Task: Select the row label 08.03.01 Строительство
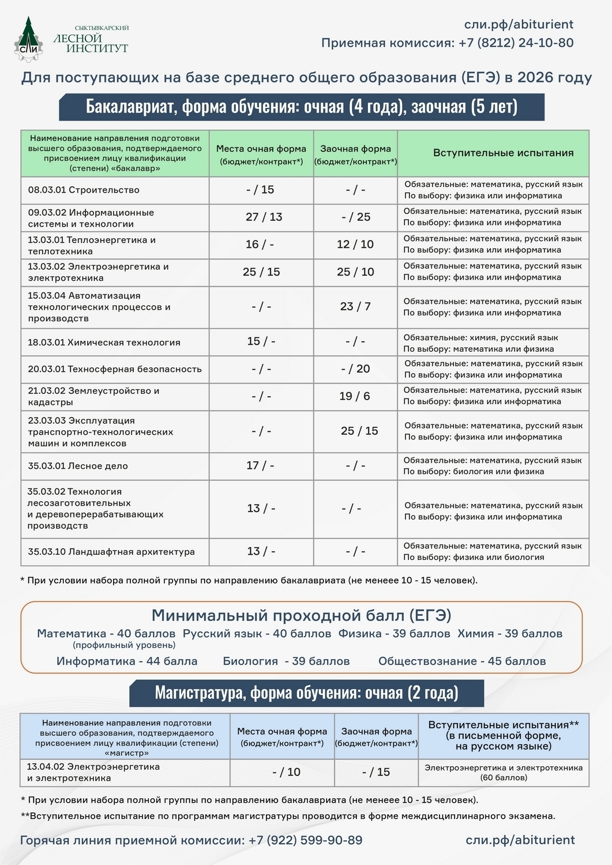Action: (84, 190)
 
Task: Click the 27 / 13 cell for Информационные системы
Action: (264, 217)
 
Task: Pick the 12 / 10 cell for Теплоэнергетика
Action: (355, 244)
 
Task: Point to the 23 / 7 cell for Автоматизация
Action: (355, 306)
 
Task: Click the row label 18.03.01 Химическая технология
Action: (104, 342)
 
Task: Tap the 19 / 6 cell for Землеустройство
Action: (355, 396)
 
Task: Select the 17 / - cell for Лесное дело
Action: (260, 465)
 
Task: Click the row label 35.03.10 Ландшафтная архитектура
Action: (111, 551)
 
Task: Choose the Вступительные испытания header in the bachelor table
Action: (503, 153)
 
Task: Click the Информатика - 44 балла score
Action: (127, 661)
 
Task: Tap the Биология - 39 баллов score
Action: (286, 661)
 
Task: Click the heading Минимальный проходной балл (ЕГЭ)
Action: (301, 615)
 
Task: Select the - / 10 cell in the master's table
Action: (286, 772)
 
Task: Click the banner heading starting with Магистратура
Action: (306, 692)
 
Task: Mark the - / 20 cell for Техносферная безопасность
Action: (355, 368)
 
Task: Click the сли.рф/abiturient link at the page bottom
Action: (520, 840)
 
